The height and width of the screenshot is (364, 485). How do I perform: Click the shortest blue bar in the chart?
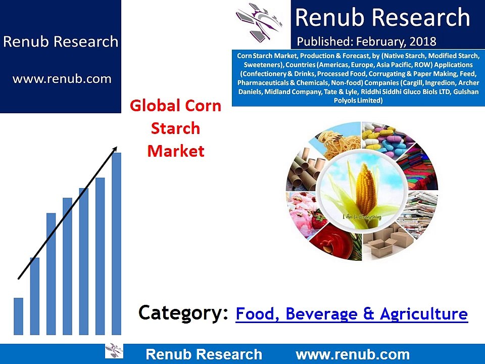(18, 316)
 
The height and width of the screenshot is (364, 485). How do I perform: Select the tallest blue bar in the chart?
(116, 243)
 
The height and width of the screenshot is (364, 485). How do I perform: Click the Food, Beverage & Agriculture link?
(352, 314)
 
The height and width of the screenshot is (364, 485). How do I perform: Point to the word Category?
(182, 313)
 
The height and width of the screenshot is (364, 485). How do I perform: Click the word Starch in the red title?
(176, 128)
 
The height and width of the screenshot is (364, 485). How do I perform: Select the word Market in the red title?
(176, 151)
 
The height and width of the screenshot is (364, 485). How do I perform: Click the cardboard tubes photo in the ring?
(303, 172)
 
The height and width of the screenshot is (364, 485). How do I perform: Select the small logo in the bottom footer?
(114, 350)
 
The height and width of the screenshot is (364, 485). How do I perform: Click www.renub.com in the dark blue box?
(61, 79)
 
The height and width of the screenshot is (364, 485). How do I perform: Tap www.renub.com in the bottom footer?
(352, 354)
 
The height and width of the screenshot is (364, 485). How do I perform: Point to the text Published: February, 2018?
(367, 41)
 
